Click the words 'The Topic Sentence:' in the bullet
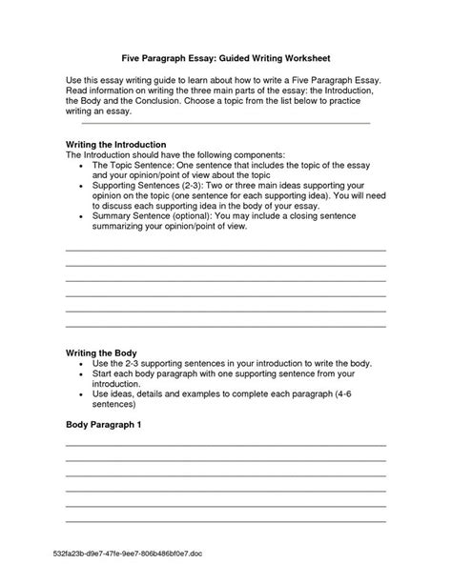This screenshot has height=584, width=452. (132, 166)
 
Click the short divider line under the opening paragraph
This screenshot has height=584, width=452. (225, 123)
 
